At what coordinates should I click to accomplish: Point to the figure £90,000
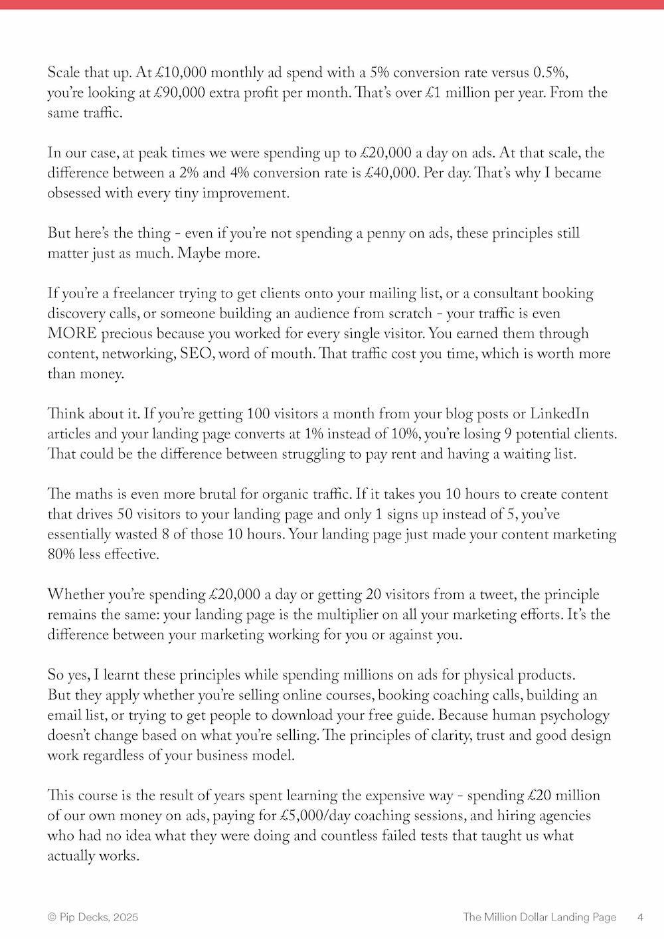[x=179, y=92]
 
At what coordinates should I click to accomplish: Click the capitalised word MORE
[x=72, y=333]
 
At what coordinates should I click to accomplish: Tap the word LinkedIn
[x=559, y=414]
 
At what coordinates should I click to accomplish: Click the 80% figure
[x=61, y=554]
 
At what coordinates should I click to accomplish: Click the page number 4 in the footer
[x=640, y=917]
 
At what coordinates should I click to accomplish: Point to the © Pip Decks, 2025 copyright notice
[x=93, y=917]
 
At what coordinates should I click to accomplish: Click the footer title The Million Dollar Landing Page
[x=539, y=917]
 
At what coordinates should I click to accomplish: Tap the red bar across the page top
[x=332, y=4]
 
